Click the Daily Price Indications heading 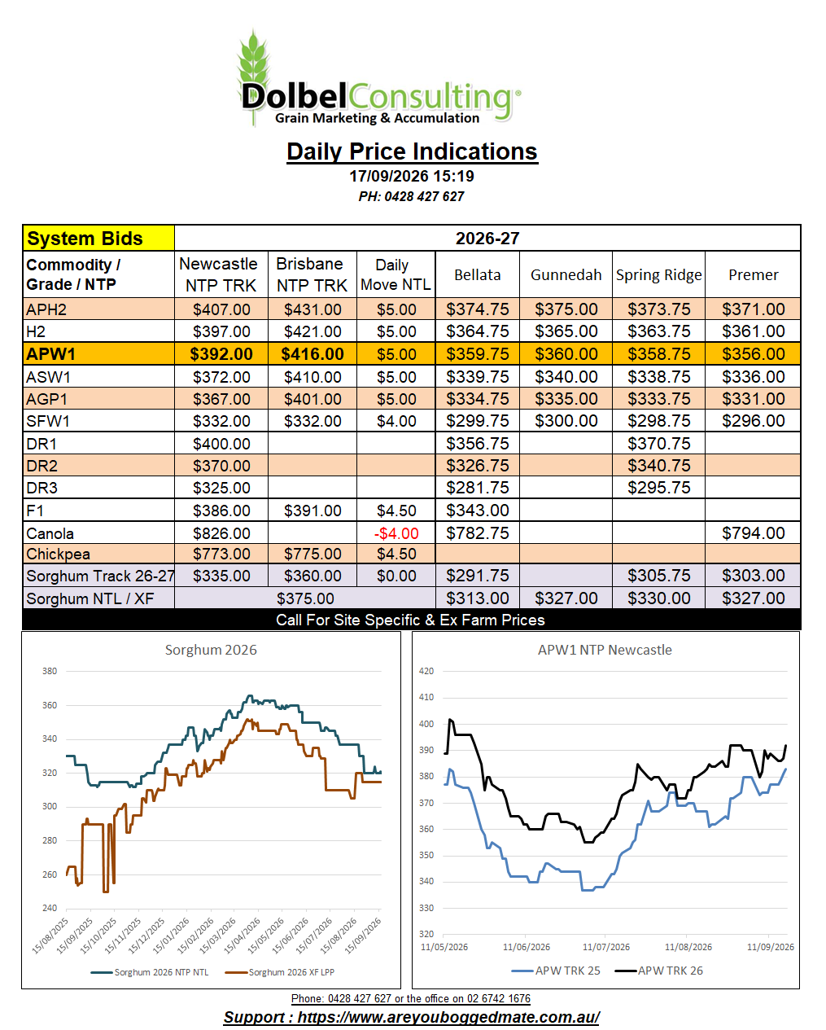point(412,151)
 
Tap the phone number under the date point(411,197)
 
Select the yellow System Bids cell point(98,239)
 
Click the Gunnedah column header point(566,274)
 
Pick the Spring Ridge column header point(658,274)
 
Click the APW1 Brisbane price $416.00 point(312,354)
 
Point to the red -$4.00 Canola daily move point(396,533)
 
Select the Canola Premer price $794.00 point(754,533)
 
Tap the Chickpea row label point(58,554)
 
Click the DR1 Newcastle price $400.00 point(221,444)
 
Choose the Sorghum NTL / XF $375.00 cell point(305,598)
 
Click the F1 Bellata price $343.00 point(478,511)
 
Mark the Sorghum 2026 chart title point(211,650)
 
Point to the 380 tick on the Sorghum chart point(50,671)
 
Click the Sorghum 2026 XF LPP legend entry point(280,972)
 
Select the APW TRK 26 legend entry point(658,971)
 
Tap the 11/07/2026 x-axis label point(605,947)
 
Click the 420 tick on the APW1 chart point(426,671)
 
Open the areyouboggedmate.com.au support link point(412,1017)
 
